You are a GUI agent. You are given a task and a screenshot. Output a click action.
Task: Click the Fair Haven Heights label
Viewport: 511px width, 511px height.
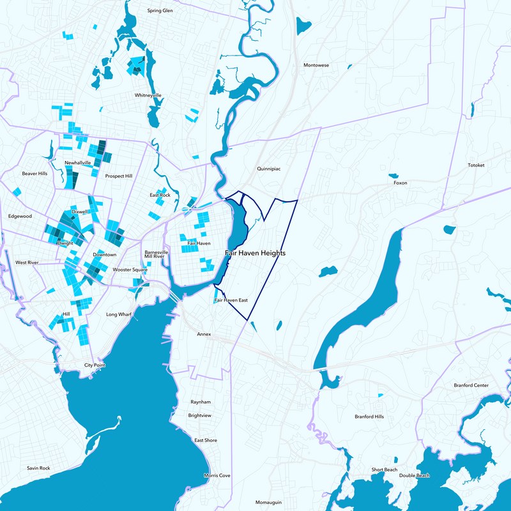coord(255,254)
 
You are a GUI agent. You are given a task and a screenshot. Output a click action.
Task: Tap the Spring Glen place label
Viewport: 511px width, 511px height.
coord(160,11)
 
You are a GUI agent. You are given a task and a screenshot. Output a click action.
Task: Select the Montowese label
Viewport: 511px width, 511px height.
coord(316,65)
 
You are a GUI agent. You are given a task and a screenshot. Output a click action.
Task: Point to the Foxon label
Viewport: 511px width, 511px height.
coord(400,183)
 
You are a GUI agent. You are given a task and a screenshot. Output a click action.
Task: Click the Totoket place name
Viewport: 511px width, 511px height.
coord(476,165)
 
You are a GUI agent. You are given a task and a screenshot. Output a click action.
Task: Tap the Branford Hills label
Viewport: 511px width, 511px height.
coord(370,417)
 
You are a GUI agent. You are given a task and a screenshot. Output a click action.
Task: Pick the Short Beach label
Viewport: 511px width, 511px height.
coord(385,470)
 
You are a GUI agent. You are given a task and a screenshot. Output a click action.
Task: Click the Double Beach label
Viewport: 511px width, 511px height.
coord(415,475)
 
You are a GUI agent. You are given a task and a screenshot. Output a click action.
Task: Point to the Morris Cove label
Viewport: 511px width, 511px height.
coord(217,476)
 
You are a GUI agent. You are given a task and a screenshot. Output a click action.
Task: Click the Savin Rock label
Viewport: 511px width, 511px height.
coord(38,468)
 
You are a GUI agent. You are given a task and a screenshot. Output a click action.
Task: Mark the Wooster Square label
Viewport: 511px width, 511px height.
coord(130,270)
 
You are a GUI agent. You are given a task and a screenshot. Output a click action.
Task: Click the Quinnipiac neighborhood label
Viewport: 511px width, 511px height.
coord(269,169)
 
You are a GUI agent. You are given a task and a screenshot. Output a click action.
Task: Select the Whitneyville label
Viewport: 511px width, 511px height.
coord(148,95)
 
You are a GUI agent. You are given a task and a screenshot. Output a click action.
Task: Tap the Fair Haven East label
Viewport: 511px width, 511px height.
coord(231,300)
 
